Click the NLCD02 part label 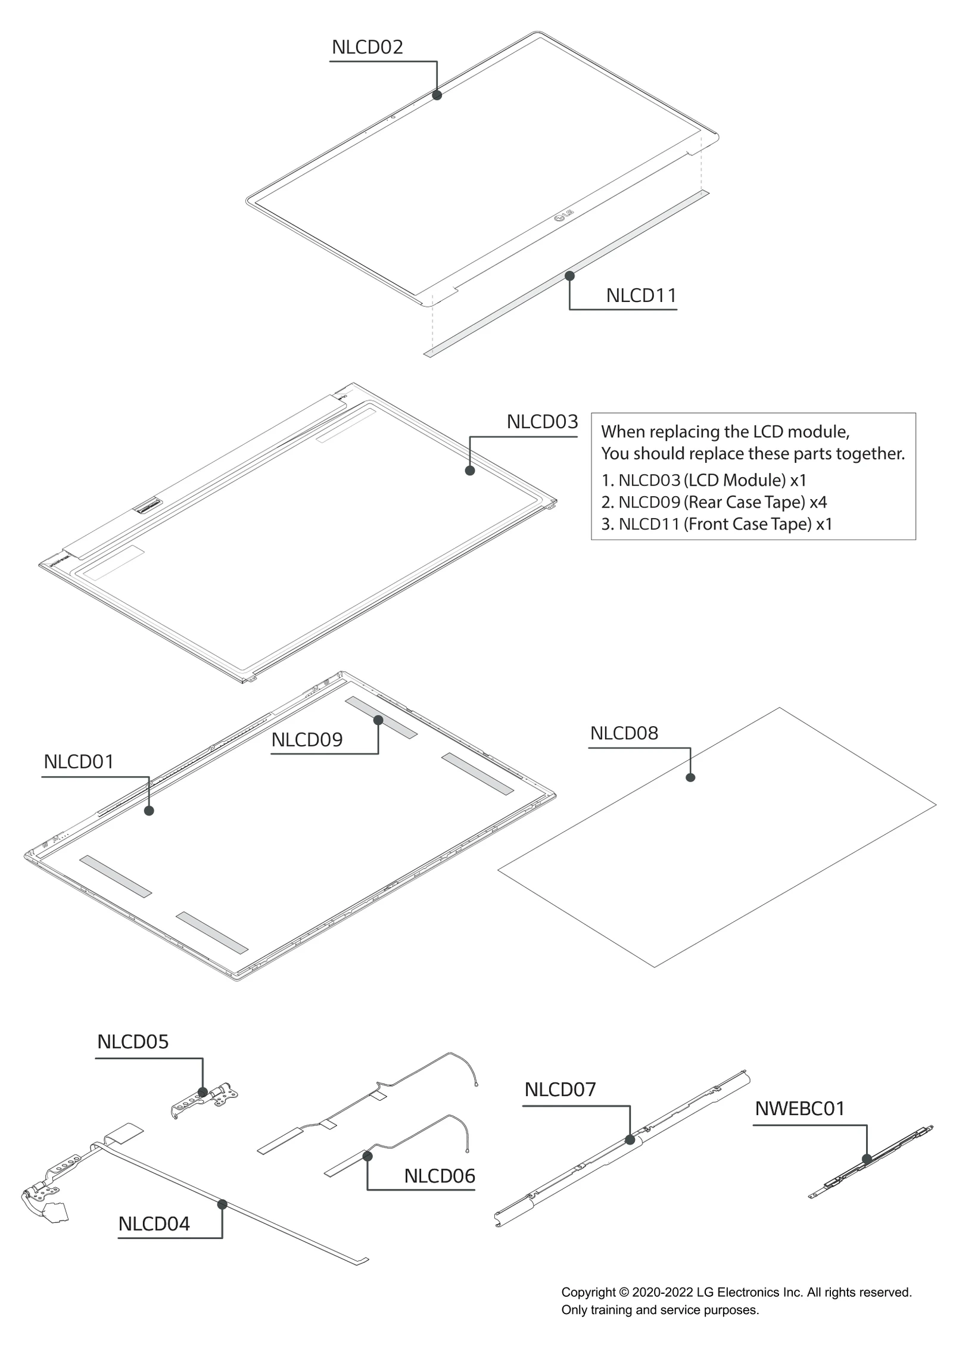pyautogui.click(x=367, y=47)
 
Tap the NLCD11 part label pyautogui.click(x=641, y=295)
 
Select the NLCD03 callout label pyautogui.click(x=542, y=422)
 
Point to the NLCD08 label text pyautogui.click(x=624, y=733)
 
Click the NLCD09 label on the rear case pyautogui.click(x=307, y=740)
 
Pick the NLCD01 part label pyautogui.click(x=79, y=762)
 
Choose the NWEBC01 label pyautogui.click(x=799, y=1109)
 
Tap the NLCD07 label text pyautogui.click(x=560, y=1089)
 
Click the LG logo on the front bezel pyautogui.click(x=563, y=215)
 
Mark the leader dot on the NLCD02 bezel pyautogui.click(x=437, y=95)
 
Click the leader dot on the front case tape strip pyautogui.click(x=569, y=276)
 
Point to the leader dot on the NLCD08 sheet pyautogui.click(x=690, y=777)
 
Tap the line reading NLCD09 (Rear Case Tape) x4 pyautogui.click(x=714, y=502)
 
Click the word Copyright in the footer pyautogui.click(x=588, y=1292)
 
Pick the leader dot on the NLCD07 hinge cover pyautogui.click(x=630, y=1140)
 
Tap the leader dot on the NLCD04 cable pyautogui.click(x=222, y=1204)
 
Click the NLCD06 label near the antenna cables pyautogui.click(x=440, y=1176)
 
